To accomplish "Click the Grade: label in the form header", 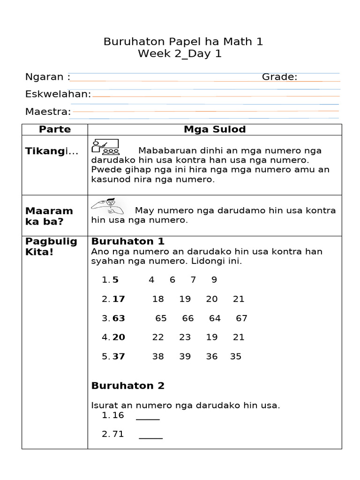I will point(279,77).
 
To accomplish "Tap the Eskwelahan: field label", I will point(58,94).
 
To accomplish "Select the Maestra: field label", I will point(48,112).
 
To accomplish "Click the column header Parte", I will point(55,129).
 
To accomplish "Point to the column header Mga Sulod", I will point(215,129).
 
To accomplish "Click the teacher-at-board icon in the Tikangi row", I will point(105,147).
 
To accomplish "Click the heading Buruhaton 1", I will point(128,241).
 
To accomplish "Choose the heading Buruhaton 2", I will point(128,386).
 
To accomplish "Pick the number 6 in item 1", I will point(172,280).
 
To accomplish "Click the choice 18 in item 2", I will point(158,299).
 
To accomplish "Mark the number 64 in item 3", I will point(215,318).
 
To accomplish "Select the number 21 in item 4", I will point(239,337).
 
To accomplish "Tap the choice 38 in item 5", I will point(158,356).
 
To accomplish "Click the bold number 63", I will point(119,318).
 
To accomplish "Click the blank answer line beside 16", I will point(148,418).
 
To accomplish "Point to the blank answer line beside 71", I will point(150,437).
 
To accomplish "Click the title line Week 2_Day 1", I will point(180,54).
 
